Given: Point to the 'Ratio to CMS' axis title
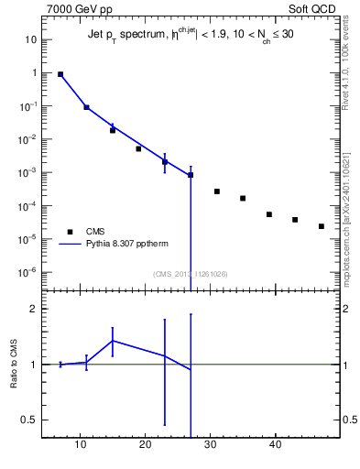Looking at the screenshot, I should click(14, 365).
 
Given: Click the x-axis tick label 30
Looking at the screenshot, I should click(211, 445).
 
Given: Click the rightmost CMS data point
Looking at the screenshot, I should click(322, 226).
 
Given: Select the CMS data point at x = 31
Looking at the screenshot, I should click(217, 191).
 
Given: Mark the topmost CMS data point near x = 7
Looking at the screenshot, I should click(60, 74).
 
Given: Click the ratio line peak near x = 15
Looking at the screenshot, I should click(113, 341).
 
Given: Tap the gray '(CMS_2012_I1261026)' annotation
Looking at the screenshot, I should click(190, 273).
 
